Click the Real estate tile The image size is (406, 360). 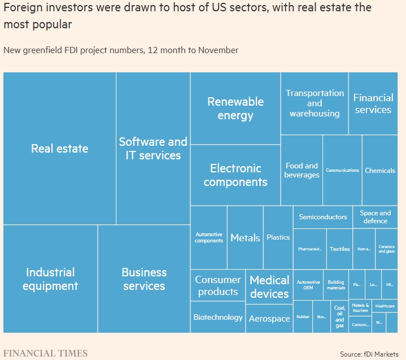click(59, 149)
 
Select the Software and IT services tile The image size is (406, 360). click(153, 149)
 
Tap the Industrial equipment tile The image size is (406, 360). click(50, 279)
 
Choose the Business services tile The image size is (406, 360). click(144, 279)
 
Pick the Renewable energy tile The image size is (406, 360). click(235, 109)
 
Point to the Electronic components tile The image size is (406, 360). click(235, 175)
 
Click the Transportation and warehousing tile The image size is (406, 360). click(315, 103)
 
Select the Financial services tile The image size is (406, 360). click(373, 103)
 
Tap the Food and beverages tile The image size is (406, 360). click(302, 170)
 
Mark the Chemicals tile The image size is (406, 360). click(379, 170)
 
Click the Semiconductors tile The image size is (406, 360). click(323, 217)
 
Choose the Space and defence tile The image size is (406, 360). click(375, 217)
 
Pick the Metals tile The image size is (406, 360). click(245, 238)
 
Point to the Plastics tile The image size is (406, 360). click(278, 237)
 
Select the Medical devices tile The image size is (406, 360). click(269, 287)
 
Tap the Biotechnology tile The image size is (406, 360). click(218, 317)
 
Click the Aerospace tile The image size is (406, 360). click(269, 319)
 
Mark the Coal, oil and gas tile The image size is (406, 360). click(339, 317)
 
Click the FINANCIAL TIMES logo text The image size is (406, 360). click(46, 353)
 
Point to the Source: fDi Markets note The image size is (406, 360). click(370, 354)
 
